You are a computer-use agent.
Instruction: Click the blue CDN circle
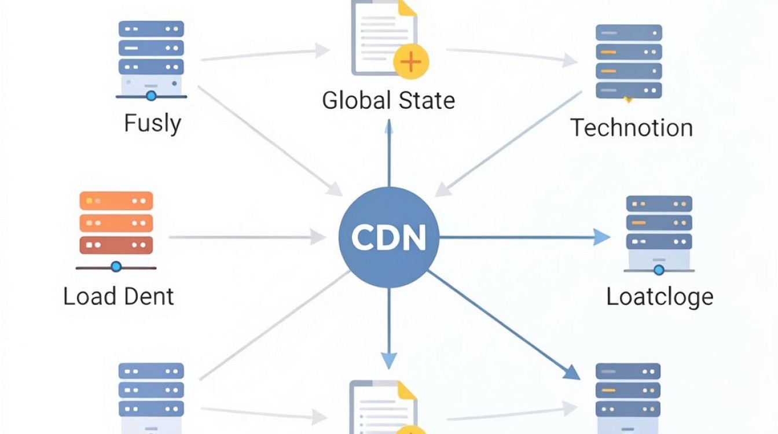[x=388, y=237]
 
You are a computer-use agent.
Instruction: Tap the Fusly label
[x=152, y=123]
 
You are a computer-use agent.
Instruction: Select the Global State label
[x=388, y=100]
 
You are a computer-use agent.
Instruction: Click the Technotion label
[x=632, y=127]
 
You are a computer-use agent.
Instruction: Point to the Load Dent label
[x=119, y=296]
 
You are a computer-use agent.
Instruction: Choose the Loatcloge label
[x=659, y=297]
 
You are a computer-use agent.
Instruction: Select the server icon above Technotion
[x=629, y=62]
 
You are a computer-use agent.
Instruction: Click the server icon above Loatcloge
[x=659, y=235]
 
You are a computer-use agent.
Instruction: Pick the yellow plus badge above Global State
[x=411, y=62]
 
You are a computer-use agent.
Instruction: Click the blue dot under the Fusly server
[x=151, y=96]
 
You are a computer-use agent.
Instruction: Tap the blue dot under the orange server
[x=116, y=267]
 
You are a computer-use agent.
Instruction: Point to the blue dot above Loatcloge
[x=659, y=270]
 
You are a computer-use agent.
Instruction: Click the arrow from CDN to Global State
[x=389, y=153]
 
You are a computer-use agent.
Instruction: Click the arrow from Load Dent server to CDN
[x=247, y=237]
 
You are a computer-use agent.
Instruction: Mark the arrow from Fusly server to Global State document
[x=265, y=54]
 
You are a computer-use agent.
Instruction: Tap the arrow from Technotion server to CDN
[x=508, y=144]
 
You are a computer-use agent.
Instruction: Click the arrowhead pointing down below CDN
[x=389, y=361]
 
